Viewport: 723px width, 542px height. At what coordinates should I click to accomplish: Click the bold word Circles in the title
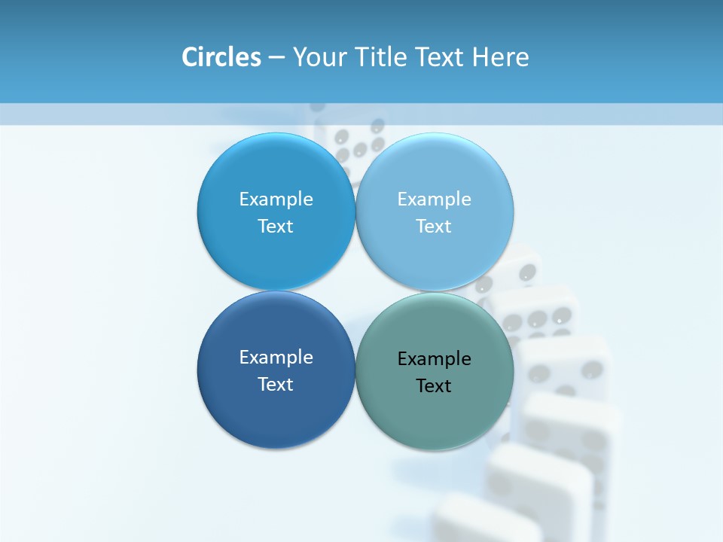pos(221,57)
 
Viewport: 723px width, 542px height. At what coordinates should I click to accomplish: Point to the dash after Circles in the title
pos(276,58)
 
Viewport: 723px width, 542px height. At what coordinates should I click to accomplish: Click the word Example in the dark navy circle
pos(276,358)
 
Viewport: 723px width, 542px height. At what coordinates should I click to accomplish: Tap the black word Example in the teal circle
pos(434,359)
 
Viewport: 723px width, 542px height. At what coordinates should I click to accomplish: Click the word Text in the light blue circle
pos(434,227)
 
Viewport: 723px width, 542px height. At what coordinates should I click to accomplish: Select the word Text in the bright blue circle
pos(276,227)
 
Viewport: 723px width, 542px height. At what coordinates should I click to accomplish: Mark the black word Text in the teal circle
pos(434,386)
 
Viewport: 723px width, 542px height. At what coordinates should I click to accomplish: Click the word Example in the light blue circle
pos(434,199)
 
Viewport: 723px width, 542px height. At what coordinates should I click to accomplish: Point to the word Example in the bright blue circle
pos(276,199)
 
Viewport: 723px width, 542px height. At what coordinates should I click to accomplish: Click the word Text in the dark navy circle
pos(276,385)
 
